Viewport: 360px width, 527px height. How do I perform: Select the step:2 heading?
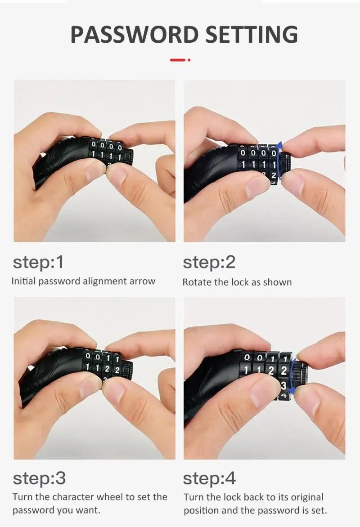pos(209,262)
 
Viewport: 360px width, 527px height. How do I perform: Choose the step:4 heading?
pos(209,478)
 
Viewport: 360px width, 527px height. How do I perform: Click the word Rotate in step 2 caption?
pos(197,282)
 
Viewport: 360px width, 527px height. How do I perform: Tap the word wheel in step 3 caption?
pos(123,497)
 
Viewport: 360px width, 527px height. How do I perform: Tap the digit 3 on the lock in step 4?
pos(283,385)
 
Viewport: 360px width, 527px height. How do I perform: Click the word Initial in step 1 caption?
pos(23,281)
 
